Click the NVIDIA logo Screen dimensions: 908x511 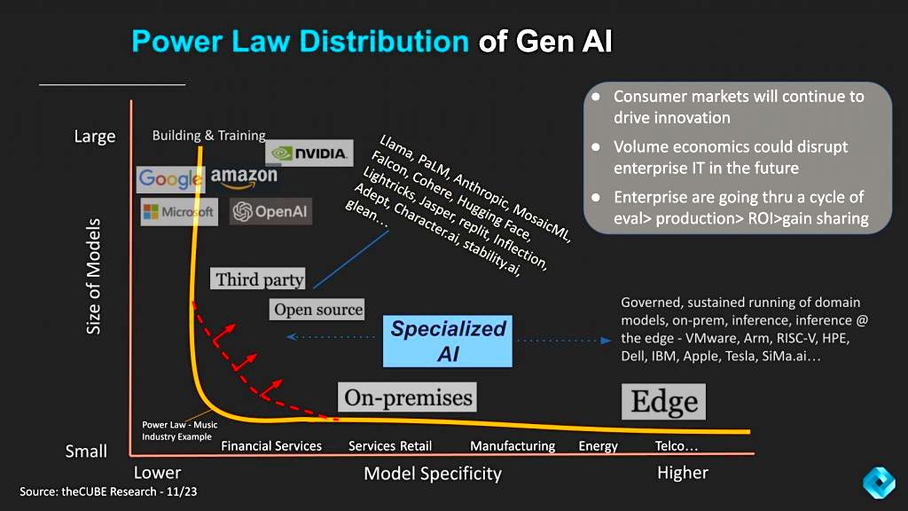pos(309,153)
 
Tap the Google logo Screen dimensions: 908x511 pos(171,179)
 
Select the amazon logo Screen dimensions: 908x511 pos(244,177)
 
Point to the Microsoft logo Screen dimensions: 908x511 pos(179,212)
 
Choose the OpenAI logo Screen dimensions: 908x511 pos(270,211)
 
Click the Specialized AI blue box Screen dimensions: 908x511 pos(448,342)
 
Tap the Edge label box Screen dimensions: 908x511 pos(663,402)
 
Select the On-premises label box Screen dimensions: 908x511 pos(407,397)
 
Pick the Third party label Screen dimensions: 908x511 pos(258,279)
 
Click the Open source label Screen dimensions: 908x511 pos(317,310)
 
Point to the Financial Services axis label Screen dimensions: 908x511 pos(271,446)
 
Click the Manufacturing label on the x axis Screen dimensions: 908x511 pos(513,446)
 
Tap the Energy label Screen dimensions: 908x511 pos(599,446)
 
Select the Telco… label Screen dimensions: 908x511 pos(677,446)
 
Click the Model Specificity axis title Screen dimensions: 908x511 pos(433,474)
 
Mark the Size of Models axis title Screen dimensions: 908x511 pos(93,277)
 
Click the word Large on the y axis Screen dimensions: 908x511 pos(94,137)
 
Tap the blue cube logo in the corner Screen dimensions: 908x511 pos(879,482)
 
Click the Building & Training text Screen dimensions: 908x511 pos(208,136)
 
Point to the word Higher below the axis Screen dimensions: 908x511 pos(682,474)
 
